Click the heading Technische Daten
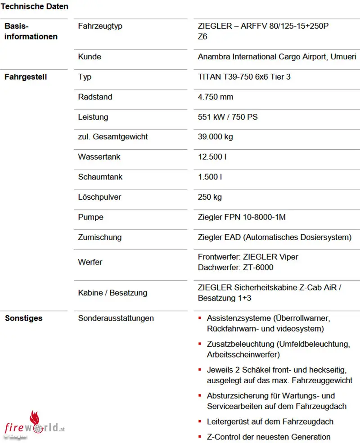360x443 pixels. [x=35, y=6]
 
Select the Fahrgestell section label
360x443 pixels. [x=26, y=77]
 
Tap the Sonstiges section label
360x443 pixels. [x=23, y=318]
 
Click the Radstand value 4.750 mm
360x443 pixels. [x=216, y=97]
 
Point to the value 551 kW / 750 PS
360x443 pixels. [x=228, y=117]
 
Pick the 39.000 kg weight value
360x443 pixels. [x=216, y=137]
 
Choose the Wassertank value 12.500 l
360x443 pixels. [x=212, y=157]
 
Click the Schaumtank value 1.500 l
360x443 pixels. [x=210, y=177]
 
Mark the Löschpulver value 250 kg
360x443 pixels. [x=210, y=197]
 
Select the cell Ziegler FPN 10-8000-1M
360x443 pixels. [x=242, y=217]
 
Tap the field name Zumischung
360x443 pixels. [x=99, y=237]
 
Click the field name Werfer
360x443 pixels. [x=90, y=262]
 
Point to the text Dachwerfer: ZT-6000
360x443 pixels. [x=235, y=268]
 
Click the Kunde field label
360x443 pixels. [x=90, y=57]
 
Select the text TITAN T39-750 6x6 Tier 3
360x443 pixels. [x=244, y=77]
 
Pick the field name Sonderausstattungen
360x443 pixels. [x=116, y=318]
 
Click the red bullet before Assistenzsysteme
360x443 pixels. [x=200, y=318]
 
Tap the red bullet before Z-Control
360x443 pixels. [x=200, y=437]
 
